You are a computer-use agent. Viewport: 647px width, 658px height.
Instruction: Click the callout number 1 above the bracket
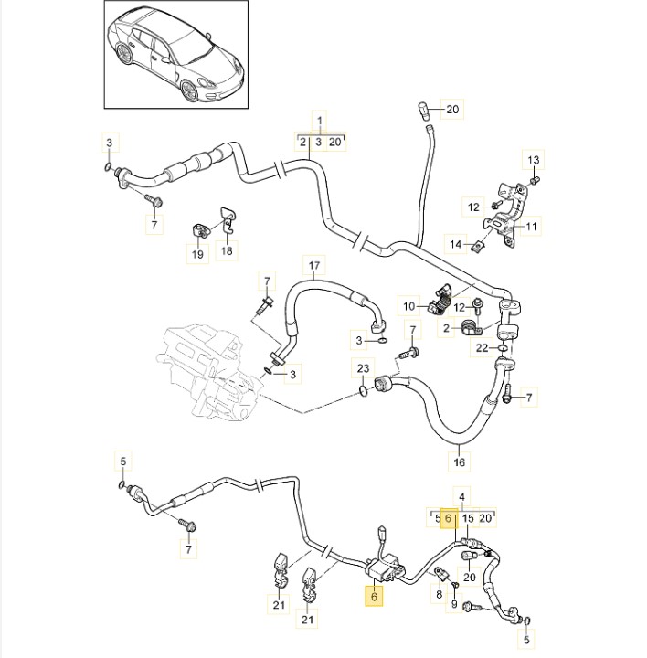pos(320,122)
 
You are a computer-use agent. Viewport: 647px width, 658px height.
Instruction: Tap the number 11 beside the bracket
pos(532,226)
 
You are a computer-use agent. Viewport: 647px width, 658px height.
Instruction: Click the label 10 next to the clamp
pos(409,305)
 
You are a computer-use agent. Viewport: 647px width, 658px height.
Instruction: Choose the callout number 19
pos(197,255)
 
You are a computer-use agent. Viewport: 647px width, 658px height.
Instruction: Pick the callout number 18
pos(227,250)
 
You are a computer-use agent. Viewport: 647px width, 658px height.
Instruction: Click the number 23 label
pos(363,369)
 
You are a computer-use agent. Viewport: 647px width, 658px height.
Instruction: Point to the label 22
pos(481,347)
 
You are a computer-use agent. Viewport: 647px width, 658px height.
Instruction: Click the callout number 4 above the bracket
pos(461,497)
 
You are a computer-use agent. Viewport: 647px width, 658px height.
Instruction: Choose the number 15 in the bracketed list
pos(467,518)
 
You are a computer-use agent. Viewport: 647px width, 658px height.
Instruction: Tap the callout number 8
pos(439,594)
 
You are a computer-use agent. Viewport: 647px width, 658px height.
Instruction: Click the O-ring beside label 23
pos(365,391)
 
